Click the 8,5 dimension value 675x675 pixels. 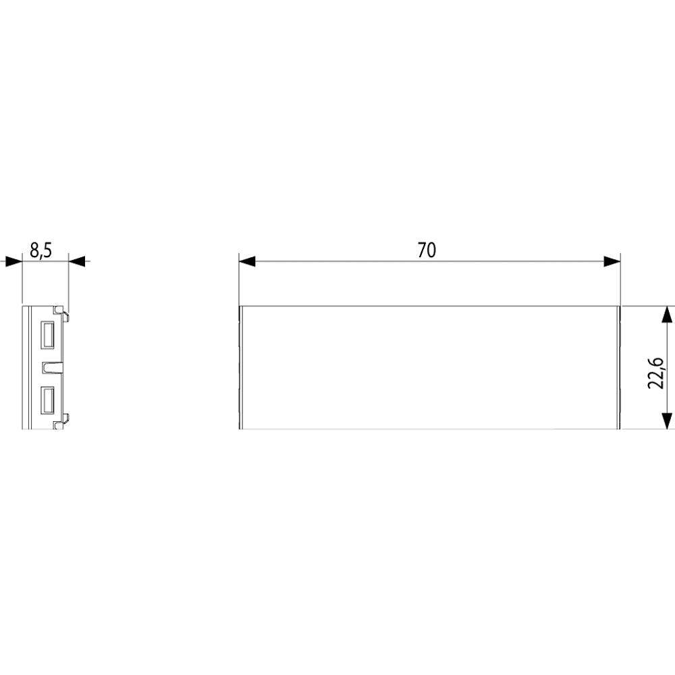(41, 250)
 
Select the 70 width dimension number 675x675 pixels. (427, 250)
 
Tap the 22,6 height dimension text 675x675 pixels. (657, 373)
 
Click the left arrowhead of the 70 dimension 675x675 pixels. (247, 261)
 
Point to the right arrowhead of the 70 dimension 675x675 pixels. (612, 261)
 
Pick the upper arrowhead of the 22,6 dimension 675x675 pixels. (666, 315)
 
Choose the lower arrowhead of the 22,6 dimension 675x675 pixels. (666, 421)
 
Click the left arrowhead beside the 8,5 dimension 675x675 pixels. (13, 261)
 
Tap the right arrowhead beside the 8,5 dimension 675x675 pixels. (77, 261)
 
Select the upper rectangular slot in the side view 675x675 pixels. (47, 335)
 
